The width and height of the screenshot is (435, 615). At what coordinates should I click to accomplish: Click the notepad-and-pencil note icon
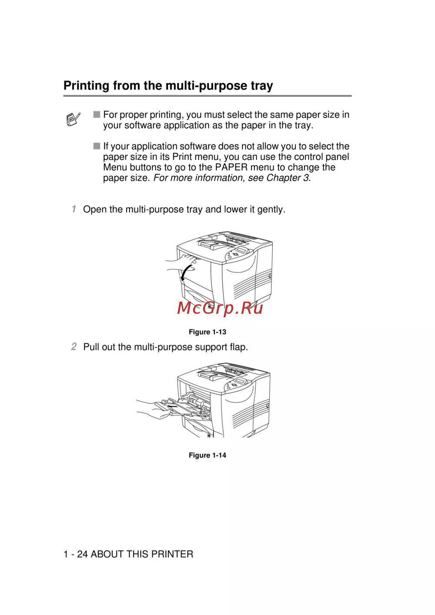73,119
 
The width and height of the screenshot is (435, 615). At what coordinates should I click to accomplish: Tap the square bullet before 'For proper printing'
97,114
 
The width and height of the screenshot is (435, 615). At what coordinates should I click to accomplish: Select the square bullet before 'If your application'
97,146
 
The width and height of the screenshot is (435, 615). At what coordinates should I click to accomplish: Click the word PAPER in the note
231,167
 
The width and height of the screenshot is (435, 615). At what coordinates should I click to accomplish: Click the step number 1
74,209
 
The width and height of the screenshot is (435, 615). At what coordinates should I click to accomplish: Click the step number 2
74,346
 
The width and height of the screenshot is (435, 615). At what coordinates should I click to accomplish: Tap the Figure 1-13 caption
207,332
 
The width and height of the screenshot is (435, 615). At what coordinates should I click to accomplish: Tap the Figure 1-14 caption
207,455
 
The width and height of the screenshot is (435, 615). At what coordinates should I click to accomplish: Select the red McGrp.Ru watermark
220,308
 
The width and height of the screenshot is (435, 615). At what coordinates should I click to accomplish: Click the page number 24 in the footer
82,554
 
